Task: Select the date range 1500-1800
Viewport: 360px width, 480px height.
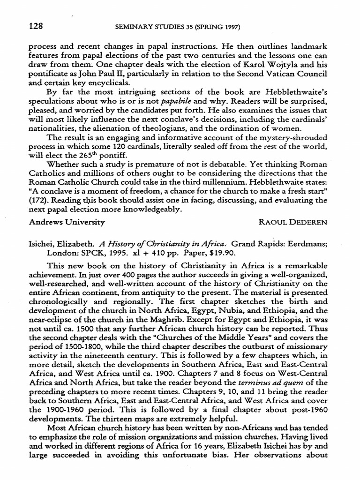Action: [x=73, y=342]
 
